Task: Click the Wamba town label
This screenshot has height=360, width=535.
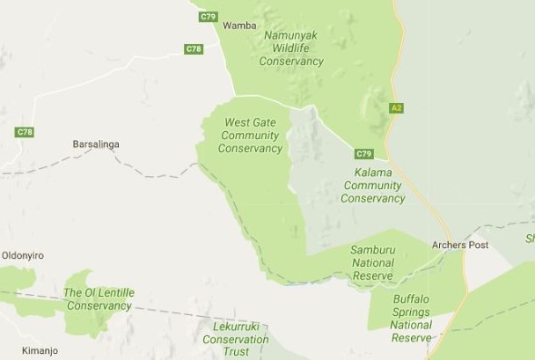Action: click(238, 26)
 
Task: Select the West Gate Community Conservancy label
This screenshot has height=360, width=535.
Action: click(250, 136)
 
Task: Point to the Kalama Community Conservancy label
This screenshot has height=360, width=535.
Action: click(372, 186)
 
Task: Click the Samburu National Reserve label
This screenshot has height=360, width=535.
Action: click(373, 262)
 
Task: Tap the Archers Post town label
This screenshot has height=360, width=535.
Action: click(460, 245)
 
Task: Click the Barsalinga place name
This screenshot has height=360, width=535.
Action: click(95, 143)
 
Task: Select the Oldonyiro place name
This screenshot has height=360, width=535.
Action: click(23, 255)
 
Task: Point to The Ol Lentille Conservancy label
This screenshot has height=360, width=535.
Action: click(98, 299)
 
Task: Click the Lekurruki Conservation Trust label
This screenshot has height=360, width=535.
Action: click(235, 339)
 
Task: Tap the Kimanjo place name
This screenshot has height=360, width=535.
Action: click(18, 350)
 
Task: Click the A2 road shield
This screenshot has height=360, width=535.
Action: click(396, 107)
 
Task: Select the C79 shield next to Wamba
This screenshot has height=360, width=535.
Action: click(208, 17)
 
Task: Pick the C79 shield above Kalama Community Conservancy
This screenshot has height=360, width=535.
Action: click(364, 153)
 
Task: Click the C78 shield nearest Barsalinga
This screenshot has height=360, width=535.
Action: click(25, 132)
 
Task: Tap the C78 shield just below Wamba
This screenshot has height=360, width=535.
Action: click(194, 49)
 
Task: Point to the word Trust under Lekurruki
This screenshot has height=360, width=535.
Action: click(235, 351)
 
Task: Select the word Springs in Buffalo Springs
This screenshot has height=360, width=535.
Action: click(411, 312)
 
